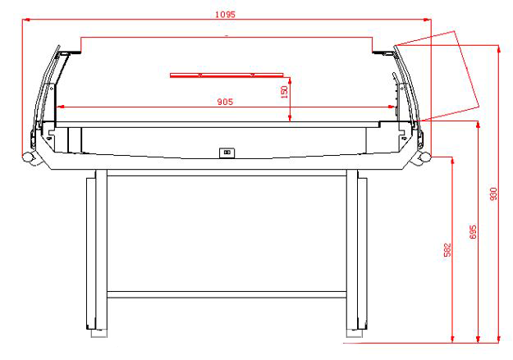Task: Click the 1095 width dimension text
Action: [224, 14]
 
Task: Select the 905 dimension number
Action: [224, 102]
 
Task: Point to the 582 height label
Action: [447, 249]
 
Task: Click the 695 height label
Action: [472, 232]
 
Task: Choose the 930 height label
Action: [493, 195]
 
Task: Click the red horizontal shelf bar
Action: [226, 75]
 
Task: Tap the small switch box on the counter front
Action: [225, 151]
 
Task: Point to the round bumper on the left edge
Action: [27, 158]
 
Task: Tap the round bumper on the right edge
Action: [424, 157]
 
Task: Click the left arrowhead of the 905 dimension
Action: [59, 107]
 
